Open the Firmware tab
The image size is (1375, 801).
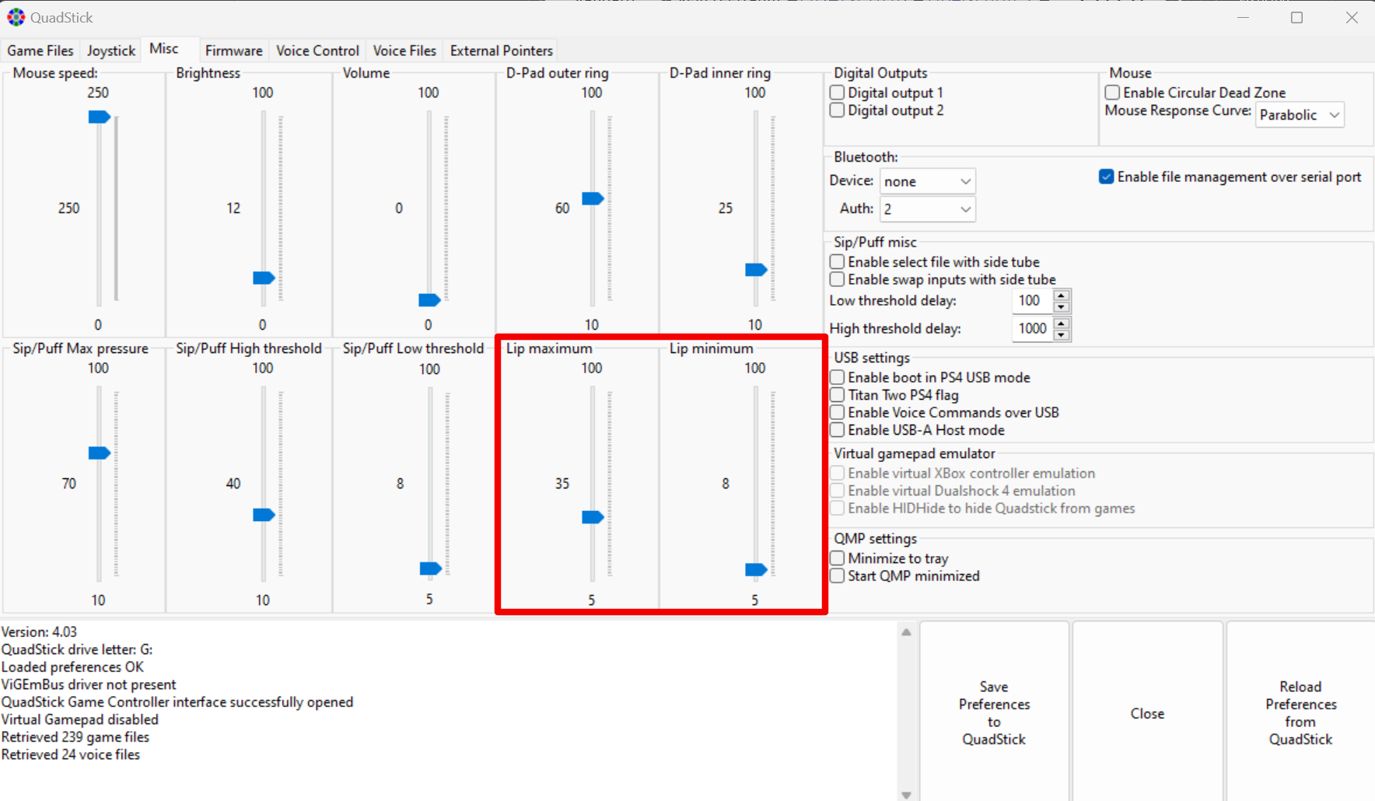233,51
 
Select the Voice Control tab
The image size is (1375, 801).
317,51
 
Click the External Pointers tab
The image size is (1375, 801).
501,51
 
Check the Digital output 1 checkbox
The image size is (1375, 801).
837,93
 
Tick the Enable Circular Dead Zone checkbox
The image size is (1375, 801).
1112,93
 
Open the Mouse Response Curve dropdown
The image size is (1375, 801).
1300,115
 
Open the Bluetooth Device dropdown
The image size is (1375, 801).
927,181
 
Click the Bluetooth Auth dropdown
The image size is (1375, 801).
927,209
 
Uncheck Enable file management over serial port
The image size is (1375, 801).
1106,177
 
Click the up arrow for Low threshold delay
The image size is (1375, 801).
1062,295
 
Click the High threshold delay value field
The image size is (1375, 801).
1032,329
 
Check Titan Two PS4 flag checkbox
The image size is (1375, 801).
837,395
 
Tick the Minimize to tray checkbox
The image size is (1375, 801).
837,558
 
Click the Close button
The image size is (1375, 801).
1147,713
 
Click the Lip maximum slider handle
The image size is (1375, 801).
593,517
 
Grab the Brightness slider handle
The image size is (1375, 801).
264,278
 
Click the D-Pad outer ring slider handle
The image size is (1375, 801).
593,198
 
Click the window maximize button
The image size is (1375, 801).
1296,17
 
